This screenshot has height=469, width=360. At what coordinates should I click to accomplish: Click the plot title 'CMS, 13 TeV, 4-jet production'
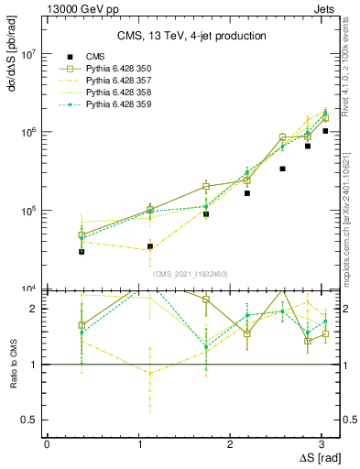[x=191, y=37]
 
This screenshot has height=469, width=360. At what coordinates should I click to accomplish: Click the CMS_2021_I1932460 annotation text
[x=191, y=273]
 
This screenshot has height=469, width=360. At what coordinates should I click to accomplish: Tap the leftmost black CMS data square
[x=82, y=252]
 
